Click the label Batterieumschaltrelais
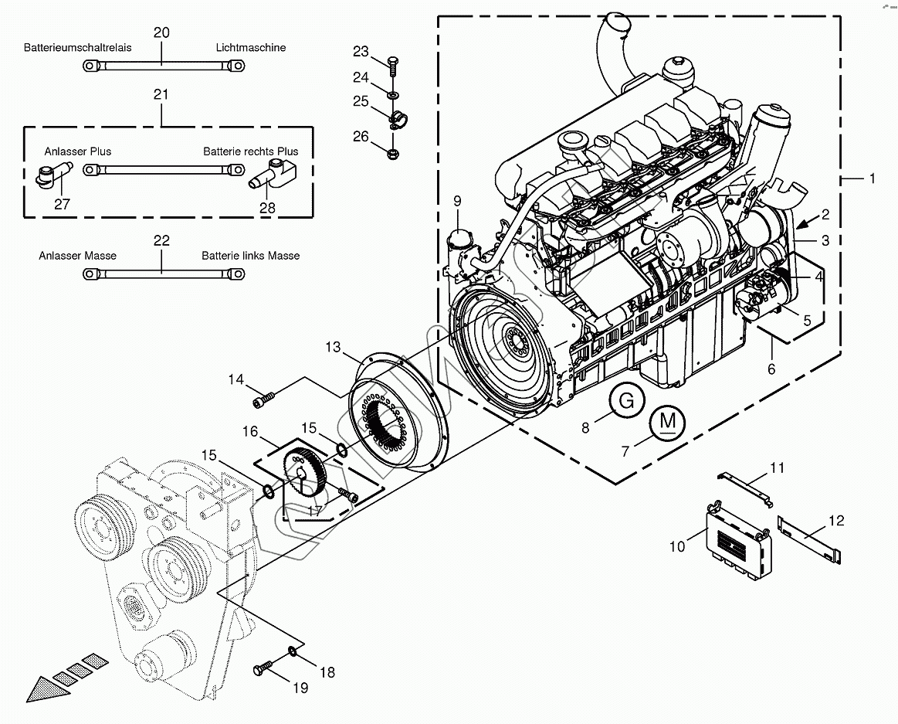78,48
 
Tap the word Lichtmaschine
251,48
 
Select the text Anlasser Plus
78,151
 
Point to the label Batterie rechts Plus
251,151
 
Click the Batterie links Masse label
251,256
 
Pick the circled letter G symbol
626,401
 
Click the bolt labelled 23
394,66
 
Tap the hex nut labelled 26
393,153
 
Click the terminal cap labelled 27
53,174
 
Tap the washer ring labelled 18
293,651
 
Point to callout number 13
333,347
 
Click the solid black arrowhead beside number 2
806,223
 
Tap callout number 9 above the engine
457,201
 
